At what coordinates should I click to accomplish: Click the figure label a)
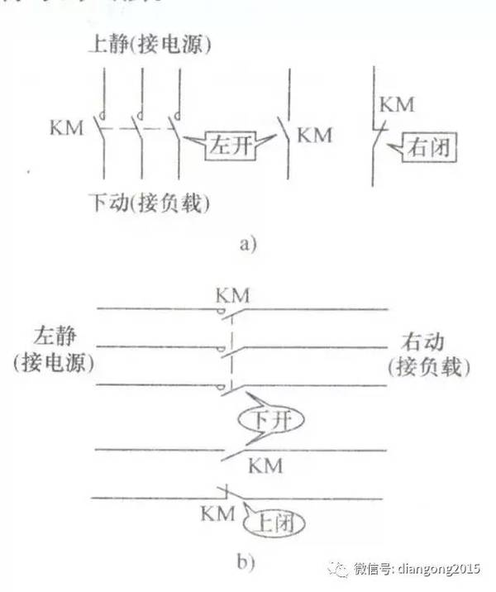(248, 243)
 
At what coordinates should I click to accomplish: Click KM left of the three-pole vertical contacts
(67, 130)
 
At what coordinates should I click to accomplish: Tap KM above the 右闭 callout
(397, 105)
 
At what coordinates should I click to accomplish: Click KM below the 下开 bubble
(265, 466)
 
